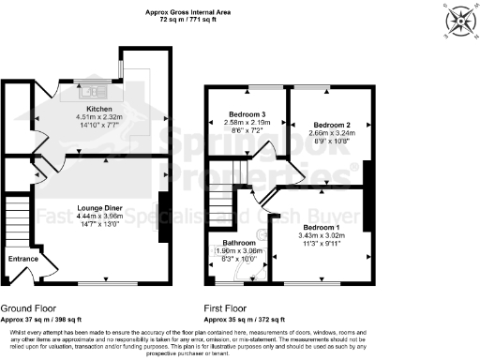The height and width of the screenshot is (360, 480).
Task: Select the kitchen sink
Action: [x=96, y=93]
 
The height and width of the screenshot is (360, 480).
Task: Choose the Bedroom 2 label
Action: [x=329, y=125]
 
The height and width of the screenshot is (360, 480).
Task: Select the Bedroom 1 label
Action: [x=320, y=227]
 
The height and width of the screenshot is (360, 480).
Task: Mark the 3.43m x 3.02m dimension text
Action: [x=322, y=234]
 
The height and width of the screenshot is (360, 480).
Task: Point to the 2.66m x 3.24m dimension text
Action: [x=329, y=133]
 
